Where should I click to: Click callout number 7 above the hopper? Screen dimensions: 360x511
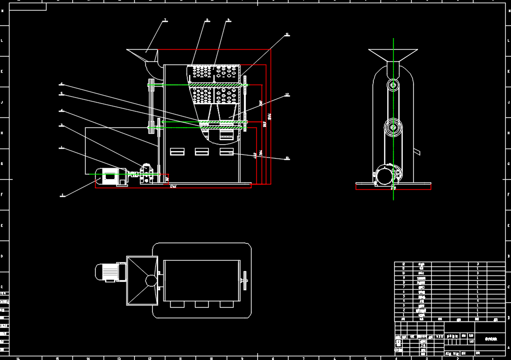(165, 20)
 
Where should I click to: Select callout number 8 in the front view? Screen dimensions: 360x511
(207, 20)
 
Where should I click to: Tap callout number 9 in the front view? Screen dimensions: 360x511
(228, 20)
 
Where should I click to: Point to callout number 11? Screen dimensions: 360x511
(287, 34)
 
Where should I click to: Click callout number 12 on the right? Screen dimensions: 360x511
(287, 95)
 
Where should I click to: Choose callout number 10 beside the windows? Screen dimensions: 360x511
(287, 158)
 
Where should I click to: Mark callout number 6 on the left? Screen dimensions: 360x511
(61, 84)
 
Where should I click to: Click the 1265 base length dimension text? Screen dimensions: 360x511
(173, 186)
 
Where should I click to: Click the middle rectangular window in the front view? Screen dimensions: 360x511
(202, 152)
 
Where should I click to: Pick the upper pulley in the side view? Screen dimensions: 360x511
(393, 85)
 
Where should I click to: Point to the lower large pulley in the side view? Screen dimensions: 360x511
(393, 127)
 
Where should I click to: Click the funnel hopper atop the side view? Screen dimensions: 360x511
(393, 54)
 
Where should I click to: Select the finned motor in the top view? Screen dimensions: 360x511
(108, 272)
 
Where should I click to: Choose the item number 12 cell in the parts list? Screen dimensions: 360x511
(404, 264)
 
